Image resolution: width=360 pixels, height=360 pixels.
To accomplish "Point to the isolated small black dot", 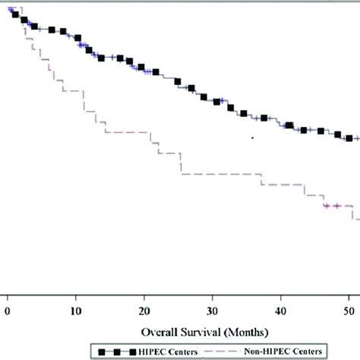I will [252, 137].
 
